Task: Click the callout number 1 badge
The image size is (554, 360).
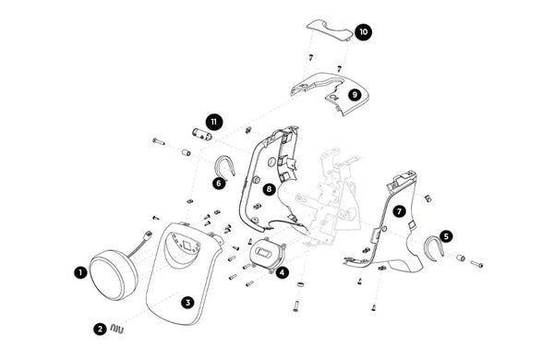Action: (80, 272)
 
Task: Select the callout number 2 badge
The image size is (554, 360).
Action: (100, 330)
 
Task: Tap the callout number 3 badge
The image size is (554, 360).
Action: (187, 303)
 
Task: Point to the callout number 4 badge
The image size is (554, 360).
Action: (282, 272)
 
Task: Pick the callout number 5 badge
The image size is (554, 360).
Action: (446, 236)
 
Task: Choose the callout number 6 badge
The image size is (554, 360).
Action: (219, 183)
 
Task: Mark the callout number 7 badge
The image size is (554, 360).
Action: (399, 211)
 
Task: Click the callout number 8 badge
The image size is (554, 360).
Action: (270, 189)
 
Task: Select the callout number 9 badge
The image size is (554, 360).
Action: (355, 95)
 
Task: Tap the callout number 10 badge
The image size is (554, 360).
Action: (363, 32)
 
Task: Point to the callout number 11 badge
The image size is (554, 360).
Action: (214, 122)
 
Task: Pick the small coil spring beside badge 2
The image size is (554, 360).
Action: (116, 329)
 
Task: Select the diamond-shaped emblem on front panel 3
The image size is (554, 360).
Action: (187, 244)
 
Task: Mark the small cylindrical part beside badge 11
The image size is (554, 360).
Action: (201, 134)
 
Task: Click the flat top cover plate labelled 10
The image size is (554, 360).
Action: (330, 30)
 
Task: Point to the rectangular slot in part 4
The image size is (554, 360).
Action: (264, 253)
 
